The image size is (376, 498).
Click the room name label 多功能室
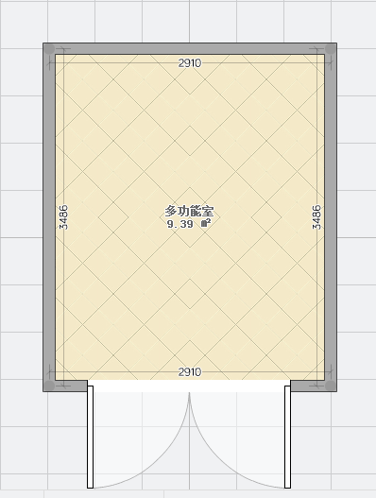tap(189, 212)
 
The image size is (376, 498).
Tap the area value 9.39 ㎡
tap(189, 224)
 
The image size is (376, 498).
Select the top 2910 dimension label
tap(190, 63)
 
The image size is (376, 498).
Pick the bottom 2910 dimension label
tap(190, 371)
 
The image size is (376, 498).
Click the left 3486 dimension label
tap(63, 217)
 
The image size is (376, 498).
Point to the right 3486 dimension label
tap(316, 217)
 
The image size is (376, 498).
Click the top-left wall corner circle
tap(49, 49)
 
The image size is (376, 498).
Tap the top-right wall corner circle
tap(331, 49)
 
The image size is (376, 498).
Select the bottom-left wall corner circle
tap(49, 386)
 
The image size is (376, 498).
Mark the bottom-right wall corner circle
tap(331, 386)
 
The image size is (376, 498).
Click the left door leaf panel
tap(90, 437)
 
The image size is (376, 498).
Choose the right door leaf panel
tap(288, 437)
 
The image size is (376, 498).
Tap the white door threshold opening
tap(189, 386)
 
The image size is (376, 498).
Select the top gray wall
tap(190, 48)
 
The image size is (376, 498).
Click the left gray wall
tap(49, 217)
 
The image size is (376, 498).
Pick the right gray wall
tap(331, 217)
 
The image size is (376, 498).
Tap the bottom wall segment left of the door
tap(65, 386)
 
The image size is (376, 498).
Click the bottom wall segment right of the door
tap(314, 386)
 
